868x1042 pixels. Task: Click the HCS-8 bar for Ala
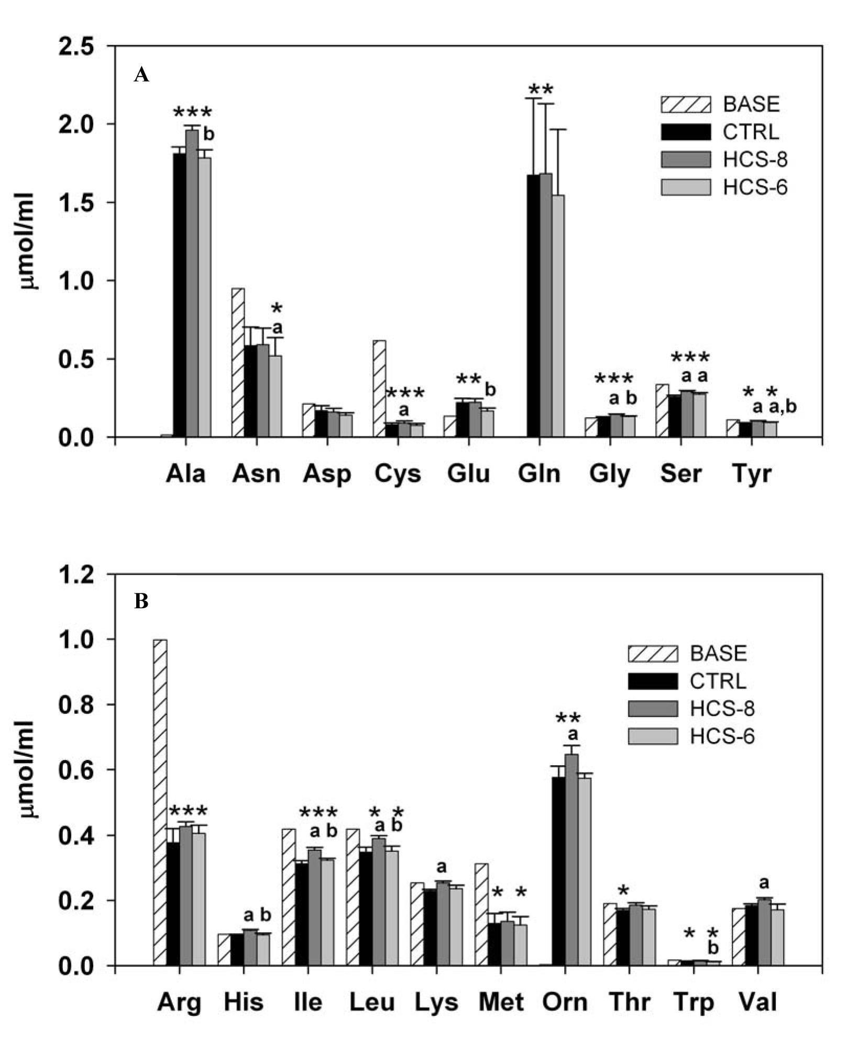click(x=192, y=283)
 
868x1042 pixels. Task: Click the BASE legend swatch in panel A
click(x=686, y=105)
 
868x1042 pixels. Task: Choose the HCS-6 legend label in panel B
click(x=722, y=736)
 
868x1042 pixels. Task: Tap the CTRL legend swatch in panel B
click(x=653, y=681)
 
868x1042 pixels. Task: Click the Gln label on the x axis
click(x=539, y=474)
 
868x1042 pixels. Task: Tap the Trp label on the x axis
click(x=694, y=1002)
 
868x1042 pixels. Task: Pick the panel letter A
click(x=141, y=75)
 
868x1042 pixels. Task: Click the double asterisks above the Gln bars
click(x=541, y=89)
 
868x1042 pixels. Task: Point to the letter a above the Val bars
click(x=764, y=883)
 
